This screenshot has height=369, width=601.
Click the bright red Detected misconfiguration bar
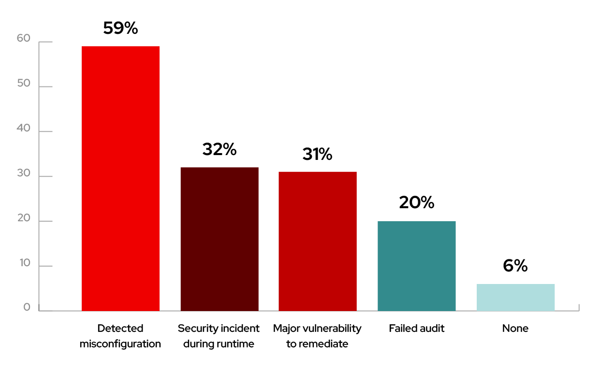120,178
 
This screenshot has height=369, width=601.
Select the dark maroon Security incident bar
220,239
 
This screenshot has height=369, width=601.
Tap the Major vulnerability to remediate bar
318,241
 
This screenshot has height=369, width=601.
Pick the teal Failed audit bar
416,266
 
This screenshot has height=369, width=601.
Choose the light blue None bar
515,297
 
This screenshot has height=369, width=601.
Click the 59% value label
120,28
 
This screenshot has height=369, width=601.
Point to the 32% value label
220,149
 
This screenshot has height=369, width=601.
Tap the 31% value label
318,154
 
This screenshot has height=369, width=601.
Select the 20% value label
416,202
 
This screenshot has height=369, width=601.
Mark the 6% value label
515,265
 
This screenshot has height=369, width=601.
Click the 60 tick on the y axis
23,39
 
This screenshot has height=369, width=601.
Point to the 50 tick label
23,84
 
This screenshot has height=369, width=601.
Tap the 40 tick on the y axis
23,128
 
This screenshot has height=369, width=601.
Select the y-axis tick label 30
23,173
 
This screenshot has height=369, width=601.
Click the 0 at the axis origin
27,307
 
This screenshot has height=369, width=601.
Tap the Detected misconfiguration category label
120,336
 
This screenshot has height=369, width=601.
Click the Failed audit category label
416,328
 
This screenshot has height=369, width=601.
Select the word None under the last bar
515,328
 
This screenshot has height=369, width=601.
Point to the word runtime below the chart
236,344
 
